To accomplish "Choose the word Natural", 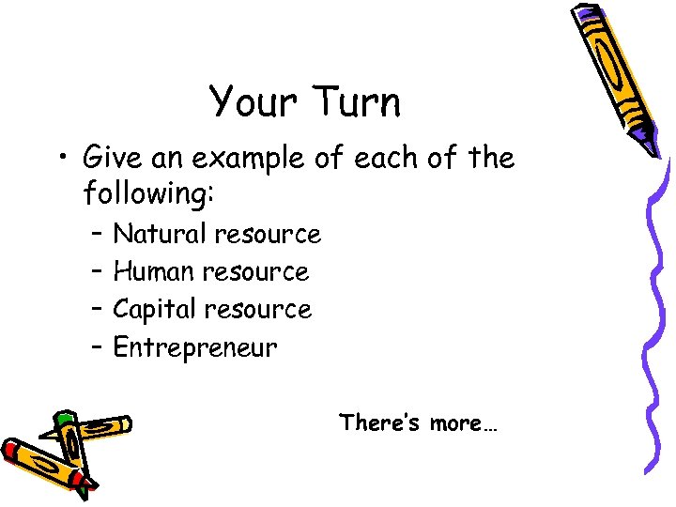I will coord(160,234).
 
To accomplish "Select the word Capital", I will coord(156,310).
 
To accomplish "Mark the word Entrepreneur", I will coord(195,348).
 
